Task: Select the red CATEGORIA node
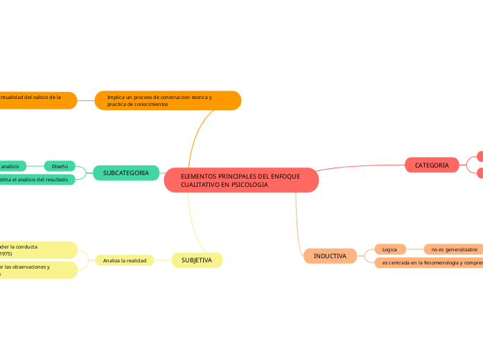[432, 165]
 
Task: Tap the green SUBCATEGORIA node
[125, 172]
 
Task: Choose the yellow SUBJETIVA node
[197, 260]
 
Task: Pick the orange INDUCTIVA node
[330, 256]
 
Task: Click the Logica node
[389, 249]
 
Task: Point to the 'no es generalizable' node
[454, 249]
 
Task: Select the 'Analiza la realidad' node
[125, 260]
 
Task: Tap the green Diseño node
[60, 166]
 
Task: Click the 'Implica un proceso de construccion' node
[168, 100]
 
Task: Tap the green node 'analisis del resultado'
[38, 179]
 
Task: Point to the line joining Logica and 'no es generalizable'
[414, 249]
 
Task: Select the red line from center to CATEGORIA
[360, 167]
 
